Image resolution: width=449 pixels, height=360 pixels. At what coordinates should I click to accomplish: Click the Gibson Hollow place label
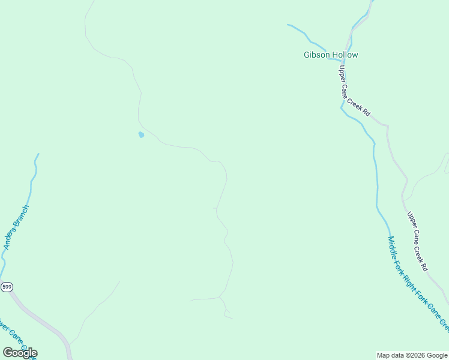click(330, 55)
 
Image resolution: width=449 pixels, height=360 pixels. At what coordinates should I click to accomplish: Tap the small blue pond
click(141, 135)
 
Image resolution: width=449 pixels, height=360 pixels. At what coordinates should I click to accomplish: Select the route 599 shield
click(7, 287)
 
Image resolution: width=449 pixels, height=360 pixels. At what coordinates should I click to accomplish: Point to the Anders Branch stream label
click(16, 227)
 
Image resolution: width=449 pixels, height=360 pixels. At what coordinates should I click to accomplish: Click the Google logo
click(20, 353)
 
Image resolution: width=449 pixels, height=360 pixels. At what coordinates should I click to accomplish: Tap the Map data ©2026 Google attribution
click(412, 355)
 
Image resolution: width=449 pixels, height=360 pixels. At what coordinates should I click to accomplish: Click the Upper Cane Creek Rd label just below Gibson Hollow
click(354, 91)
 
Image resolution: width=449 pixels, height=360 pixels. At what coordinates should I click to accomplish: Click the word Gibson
click(316, 55)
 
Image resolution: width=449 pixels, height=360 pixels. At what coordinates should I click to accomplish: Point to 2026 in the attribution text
click(417, 355)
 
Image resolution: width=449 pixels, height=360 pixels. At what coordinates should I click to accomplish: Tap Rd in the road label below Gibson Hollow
click(367, 112)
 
